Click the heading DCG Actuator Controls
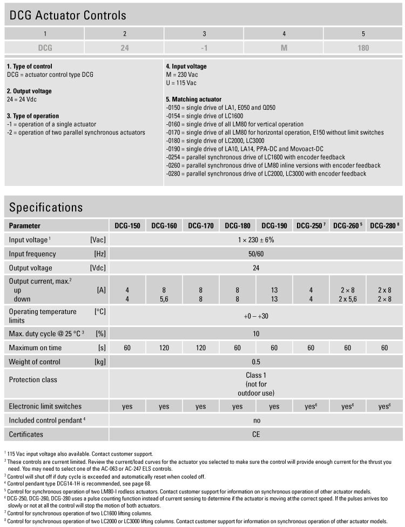click(68, 15)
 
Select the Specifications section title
click(46, 207)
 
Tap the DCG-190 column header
click(274, 225)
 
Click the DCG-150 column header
click(127, 225)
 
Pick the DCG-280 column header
click(384, 225)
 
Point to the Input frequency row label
click(32, 254)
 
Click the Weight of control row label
click(35, 361)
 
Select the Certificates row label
click(26, 434)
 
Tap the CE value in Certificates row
click(255, 434)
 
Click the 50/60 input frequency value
click(255, 254)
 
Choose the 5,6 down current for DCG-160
click(164, 299)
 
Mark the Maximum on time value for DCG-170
click(200, 347)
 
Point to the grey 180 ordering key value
click(363, 48)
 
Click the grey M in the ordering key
click(283, 48)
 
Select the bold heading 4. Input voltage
click(186, 66)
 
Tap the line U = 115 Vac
click(181, 83)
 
